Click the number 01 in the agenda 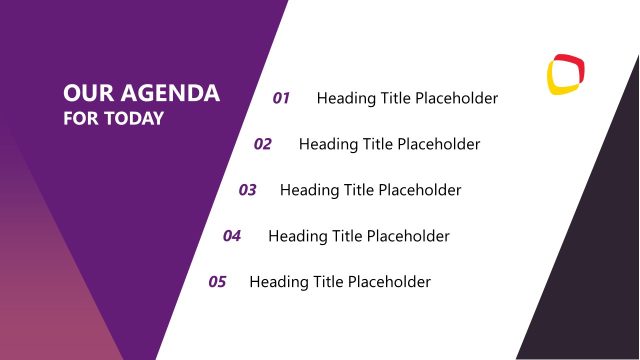pyautogui.click(x=281, y=98)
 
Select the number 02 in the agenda pyautogui.click(x=263, y=144)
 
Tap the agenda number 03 pyautogui.click(x=248, y=190)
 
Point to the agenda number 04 pyautogui.click(x=232, y=236)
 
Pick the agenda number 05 pyautogui.click(x=217, y=282)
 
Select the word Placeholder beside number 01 pyautogui.click(x=456, y=98)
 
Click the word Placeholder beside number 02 pyautogui.click(x=438, y=144)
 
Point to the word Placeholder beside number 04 pyautogui.click(x=407, y=236)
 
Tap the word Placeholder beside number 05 pyautogui.click(x=388, y=282)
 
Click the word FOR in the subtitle pyautogui.click(x=77, y=119)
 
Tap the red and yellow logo pyautogui.click(x=566, y=74)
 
